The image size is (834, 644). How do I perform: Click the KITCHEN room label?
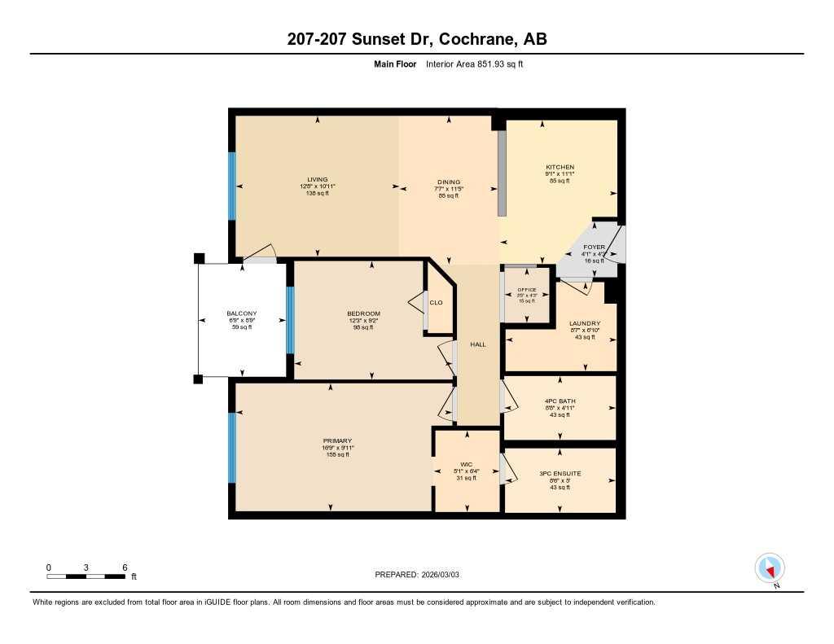coord(560,167)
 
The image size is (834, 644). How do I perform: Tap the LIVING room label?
coord(317,180)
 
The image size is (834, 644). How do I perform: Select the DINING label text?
coord(449,182)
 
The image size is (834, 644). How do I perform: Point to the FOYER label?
coord(594,247)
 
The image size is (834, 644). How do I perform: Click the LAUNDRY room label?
coord(585,323)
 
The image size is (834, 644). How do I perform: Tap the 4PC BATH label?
coord(560,401)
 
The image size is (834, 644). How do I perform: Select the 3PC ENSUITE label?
coord(560,473)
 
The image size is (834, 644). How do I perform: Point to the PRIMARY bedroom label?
coord(336,440)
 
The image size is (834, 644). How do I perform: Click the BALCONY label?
coord(242,313)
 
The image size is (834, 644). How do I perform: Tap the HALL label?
coord(478,344)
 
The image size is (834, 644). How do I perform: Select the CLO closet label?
coord(436,303)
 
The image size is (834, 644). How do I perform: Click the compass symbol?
coord(770,567)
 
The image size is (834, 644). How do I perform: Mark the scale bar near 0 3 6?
coord(86,576)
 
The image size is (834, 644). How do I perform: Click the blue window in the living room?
coord(232,186)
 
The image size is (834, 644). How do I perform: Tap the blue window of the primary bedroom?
coord(232,448)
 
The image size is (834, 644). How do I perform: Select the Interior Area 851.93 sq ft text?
coord(480,64)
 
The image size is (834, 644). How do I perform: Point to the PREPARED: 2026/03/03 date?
coord(422,575)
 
